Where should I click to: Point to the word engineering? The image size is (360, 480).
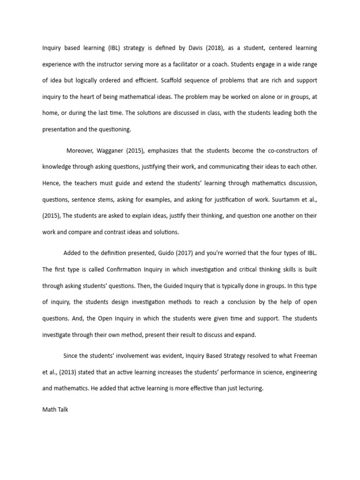[x=298, y=372]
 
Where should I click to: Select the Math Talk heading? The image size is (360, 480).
[x=55, y=409]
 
